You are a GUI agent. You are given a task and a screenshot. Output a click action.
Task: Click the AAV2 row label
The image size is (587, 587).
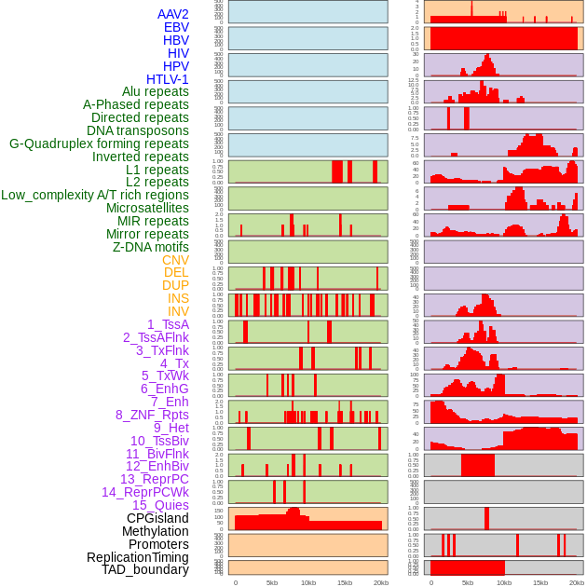coord(173,15)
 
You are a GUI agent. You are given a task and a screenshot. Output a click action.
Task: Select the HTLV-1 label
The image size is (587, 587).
coord(168,79)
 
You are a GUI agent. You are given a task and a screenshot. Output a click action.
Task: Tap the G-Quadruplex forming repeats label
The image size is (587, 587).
coord(99,143)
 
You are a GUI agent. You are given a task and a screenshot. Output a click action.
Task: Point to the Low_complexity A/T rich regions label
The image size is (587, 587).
coord(95,195)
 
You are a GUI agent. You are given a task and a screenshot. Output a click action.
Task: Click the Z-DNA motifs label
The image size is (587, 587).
coord(150,247)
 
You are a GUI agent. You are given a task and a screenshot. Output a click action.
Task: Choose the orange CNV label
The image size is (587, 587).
coord(175,260)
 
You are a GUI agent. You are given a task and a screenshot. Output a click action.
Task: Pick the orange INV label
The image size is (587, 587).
coord(178,311)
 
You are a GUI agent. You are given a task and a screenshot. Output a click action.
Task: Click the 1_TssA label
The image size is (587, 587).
coord(168,324)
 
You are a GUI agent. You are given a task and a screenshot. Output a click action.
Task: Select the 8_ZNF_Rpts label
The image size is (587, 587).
coord(152,415)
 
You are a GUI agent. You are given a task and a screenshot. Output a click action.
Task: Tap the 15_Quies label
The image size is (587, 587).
coord(158,505)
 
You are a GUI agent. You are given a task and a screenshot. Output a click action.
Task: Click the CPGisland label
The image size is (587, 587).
coord(157,518)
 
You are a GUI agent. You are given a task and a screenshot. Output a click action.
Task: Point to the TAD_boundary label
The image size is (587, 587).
coord(145,569)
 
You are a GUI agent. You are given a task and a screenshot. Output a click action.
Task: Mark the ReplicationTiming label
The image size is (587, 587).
coord(138,557)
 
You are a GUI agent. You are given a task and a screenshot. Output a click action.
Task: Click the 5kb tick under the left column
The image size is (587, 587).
coord(272,582)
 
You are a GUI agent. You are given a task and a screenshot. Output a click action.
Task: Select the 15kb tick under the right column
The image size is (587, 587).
coord(540,582)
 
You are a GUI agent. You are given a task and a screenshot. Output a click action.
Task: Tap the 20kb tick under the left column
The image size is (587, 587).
coord(380,582)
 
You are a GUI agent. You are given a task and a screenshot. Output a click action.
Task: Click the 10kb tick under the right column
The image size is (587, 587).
coord(504,582)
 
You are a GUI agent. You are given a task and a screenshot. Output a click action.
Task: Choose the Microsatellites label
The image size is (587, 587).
coord(147,208)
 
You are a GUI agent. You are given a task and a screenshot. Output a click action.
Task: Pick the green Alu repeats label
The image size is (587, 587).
coord(156,91)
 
